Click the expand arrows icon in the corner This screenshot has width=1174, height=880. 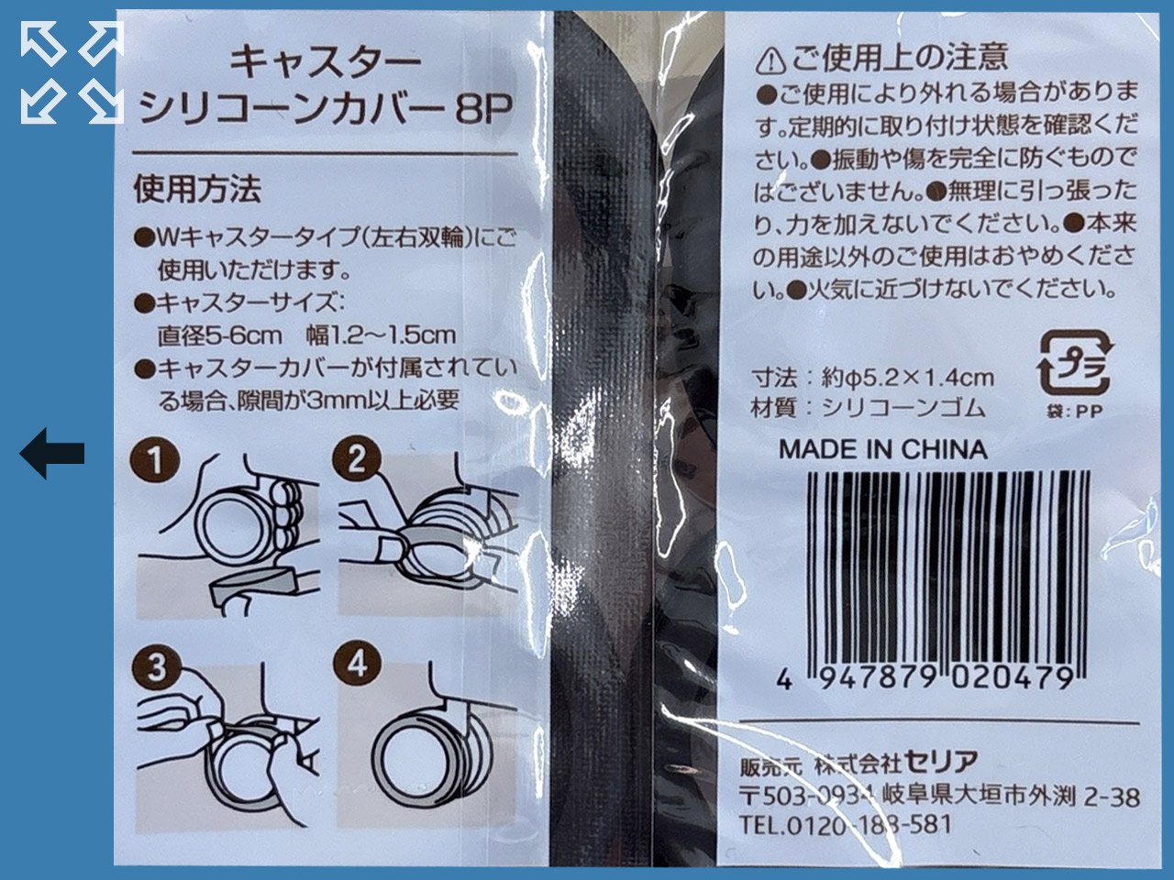[72, 72]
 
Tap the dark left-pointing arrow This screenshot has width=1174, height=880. [52, 453]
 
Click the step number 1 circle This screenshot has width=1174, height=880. [155, 459]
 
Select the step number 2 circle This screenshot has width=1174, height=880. [356, 459]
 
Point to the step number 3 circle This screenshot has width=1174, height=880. [156, 668]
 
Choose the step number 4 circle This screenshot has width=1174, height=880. [357, 666]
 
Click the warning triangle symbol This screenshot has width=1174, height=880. [770, 60]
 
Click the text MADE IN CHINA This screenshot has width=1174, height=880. [882, 449]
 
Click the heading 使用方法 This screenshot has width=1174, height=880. [197, 190]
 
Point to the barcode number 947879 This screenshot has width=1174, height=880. [877, 678]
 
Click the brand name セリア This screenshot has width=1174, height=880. [940, 762]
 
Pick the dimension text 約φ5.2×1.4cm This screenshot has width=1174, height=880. [908, 379]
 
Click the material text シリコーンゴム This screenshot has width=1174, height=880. [903, 409]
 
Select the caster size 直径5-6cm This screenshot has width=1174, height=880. [220, 335]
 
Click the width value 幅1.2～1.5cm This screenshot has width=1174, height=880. [381, 335]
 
